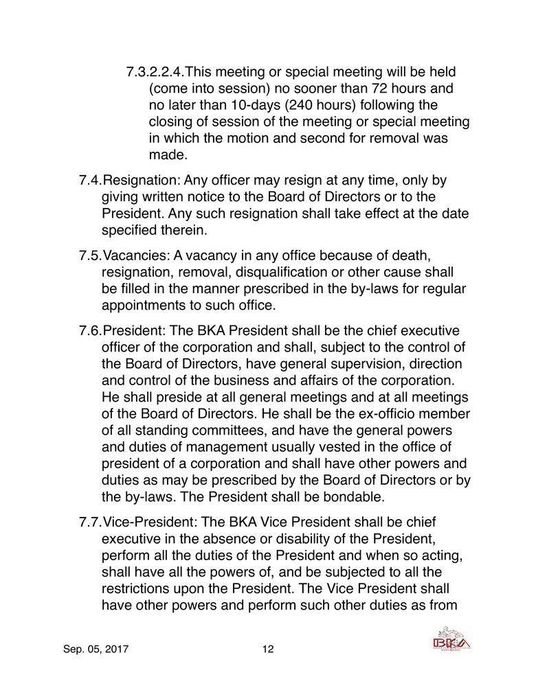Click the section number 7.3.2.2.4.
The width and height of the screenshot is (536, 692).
coord(155,72)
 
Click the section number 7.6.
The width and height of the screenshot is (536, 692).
coord(90,331)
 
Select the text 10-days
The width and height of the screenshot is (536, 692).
coord(248,105)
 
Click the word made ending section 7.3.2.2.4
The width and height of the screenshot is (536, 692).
coord(164,154)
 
